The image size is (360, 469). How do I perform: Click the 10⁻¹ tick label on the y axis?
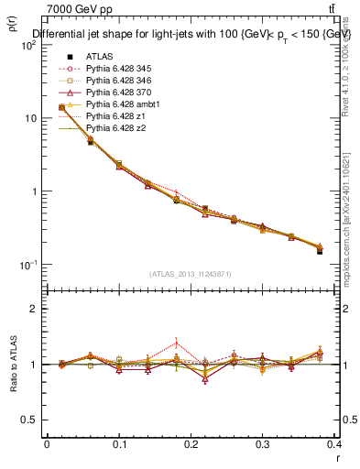pyautogui.click(x=27, y=265)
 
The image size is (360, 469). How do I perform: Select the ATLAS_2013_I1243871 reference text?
pyautogui.click(x=190, y=274)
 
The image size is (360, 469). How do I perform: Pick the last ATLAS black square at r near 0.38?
pyautogui.click(x=320, y=251)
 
